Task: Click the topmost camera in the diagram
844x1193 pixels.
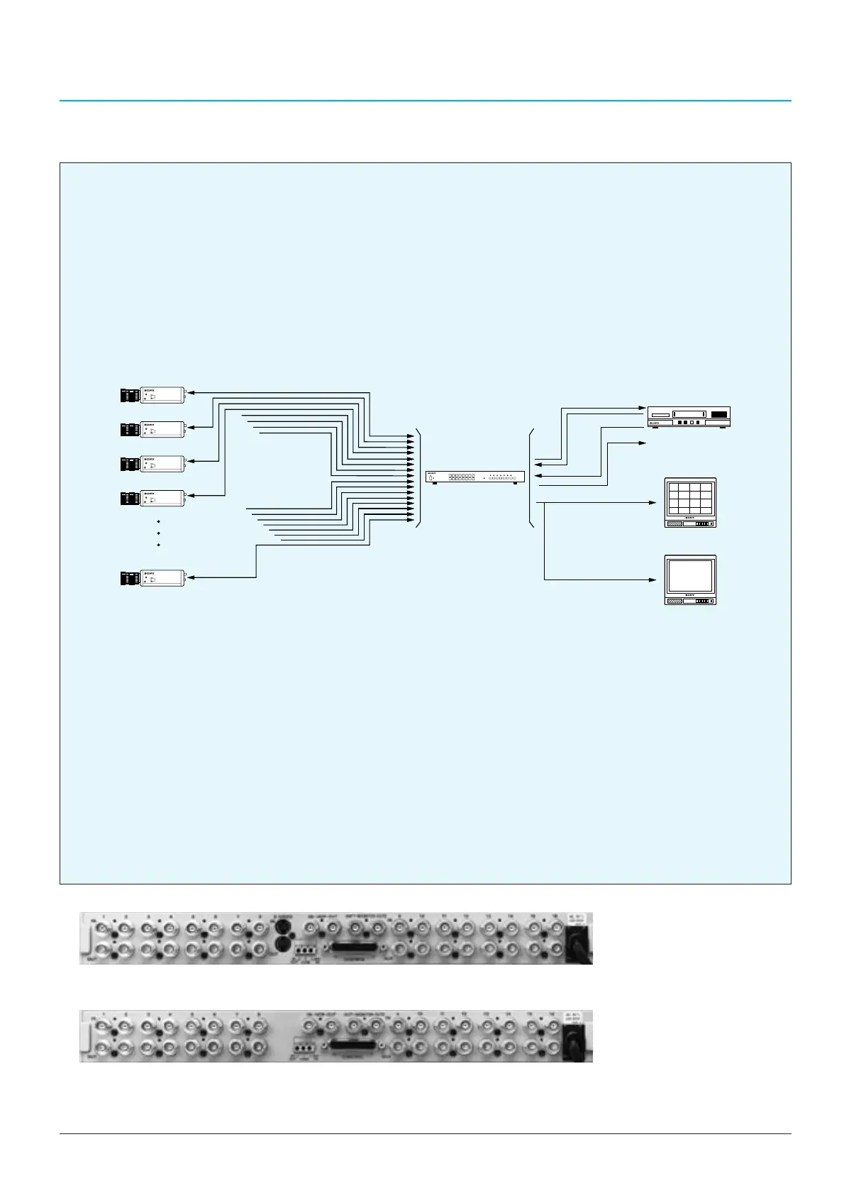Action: (x=153, y=394)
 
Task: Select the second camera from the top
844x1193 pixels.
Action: (x=153, y=429)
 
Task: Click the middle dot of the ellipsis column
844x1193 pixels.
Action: (x=158, y=533)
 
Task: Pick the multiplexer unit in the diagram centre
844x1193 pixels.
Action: (x=475, y=477)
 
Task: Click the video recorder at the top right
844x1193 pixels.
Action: (x=689, y=416)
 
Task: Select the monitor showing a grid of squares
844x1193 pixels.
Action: (x=690, y=503)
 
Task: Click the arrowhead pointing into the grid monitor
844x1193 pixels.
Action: (x=653, y=503)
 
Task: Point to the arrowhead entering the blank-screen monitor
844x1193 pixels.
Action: (x=653, y=580)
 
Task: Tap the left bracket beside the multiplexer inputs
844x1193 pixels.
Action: (x=418, y=479)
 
